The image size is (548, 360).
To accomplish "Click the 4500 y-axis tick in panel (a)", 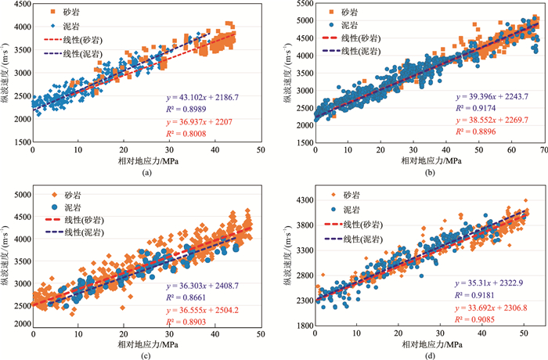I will point(17,5).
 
